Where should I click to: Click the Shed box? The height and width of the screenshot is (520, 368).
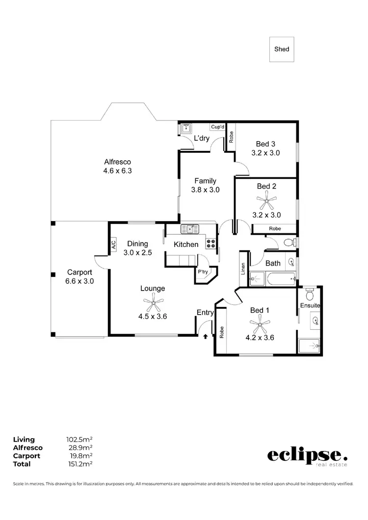pyautogui.click(x=282, y=49)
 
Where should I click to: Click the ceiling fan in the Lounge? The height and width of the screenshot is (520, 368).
pyautogui.click(x=153, y=303)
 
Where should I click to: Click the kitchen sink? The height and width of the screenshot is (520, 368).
pyautogui.click(x=189, y=229)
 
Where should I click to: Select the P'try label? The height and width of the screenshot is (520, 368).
pyautogui.click(x=203, y=272)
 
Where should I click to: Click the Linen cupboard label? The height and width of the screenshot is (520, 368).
pyautogui.click(x=243, y=269)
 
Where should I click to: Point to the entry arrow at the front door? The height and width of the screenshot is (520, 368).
pyautogui.click(x=206, y=336)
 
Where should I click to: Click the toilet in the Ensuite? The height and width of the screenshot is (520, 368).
pyautogui.click(x=309, y=295)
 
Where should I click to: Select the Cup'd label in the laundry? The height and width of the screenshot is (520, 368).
pyautogui.click(x=217, y=127)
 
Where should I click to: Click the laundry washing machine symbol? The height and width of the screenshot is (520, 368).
pyautogui.click(x=185, y=129)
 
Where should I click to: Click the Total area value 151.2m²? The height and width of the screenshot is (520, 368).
pyautogui.click(x=79, y=464)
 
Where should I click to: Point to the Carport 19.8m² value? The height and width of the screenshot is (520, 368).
pyautogui.click(x=79, y=456)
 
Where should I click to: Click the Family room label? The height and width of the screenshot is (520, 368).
pyautogui.click(x=205, y=181)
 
